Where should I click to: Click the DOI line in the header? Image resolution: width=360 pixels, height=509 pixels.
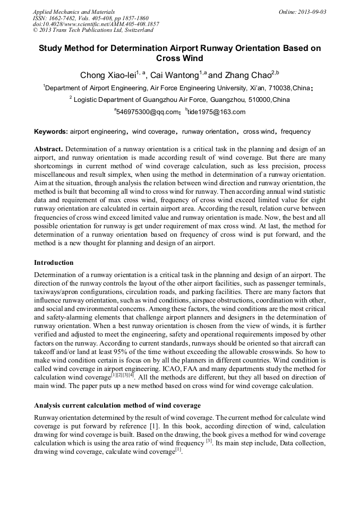tap(96, 24)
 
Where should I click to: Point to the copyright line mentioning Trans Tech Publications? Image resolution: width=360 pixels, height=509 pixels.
tap(93, 31)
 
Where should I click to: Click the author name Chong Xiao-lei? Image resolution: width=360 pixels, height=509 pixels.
tap(108, 75)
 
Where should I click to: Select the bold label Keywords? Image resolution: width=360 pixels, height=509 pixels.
tap(51, 132)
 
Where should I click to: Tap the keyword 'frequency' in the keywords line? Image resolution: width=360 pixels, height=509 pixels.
tap(296, 132)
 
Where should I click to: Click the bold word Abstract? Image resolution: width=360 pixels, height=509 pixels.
tap(48, 149)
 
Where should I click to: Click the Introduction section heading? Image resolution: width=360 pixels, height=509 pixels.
tap(54, 263)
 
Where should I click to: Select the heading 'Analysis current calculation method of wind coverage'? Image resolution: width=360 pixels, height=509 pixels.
tap(117, 406)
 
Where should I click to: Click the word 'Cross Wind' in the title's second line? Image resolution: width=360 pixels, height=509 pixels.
tap(179, 58)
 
